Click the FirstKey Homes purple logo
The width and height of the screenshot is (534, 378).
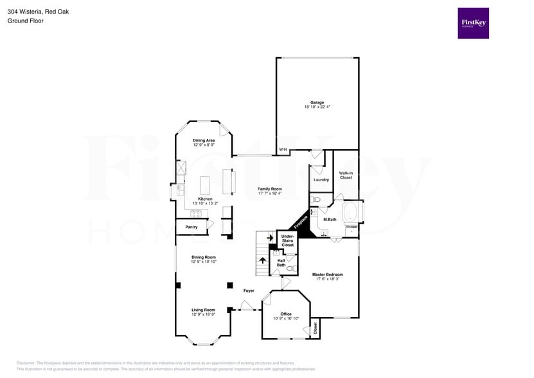(x=473, y=23)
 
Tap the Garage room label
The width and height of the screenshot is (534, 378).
(x=317, y=102)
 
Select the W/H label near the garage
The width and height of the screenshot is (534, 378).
(x=283, y=150)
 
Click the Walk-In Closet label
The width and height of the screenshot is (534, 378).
(x=346, y=175)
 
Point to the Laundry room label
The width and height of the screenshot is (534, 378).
(x=321, y=179)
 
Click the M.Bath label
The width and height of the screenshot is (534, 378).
(x=330, y=220)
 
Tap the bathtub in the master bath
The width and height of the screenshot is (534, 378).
(x=352, y=212)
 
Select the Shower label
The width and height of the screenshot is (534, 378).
(x=352, y=227)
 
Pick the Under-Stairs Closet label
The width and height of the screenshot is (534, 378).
(x=288, y=240)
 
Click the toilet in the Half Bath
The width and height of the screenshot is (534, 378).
(x=290, y=267)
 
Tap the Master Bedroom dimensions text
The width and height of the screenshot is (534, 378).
(x=328, y=279)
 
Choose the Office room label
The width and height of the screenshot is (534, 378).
(x=286, y=314)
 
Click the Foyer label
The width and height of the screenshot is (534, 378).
(x=249, y=291)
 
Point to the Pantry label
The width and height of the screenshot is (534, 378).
(x=191, y=227)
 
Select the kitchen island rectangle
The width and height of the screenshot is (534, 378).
(x=206, y=185)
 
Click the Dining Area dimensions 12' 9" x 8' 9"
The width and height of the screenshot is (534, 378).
(x=204, y=145)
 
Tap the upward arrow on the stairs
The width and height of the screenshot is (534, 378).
(x=263, y=260)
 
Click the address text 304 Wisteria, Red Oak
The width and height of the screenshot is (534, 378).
(x=38, y=11)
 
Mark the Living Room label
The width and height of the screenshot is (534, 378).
(x=203, y=310)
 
